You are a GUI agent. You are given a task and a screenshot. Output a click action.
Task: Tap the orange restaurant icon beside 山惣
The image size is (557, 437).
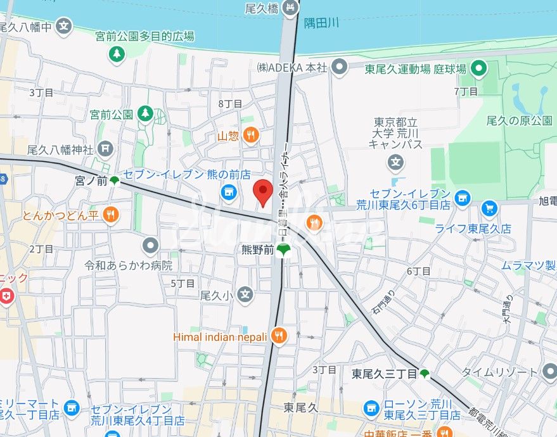(252, 134)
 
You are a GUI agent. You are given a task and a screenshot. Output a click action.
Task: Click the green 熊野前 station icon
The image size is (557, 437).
(283, 250)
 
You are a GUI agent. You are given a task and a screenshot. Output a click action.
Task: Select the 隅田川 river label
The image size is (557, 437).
(321, 23)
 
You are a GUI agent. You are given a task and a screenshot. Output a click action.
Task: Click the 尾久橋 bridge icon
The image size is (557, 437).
(290, 8)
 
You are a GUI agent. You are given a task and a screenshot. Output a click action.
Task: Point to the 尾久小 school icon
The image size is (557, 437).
(245, 294)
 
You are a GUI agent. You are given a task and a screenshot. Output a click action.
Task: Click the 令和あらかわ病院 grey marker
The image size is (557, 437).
(150, 244)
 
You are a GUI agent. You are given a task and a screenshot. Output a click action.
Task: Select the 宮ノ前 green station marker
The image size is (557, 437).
(114, 180)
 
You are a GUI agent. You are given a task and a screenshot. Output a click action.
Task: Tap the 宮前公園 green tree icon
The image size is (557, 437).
(146, 114)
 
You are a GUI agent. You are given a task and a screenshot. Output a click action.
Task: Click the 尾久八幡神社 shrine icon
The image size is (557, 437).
(106, 149)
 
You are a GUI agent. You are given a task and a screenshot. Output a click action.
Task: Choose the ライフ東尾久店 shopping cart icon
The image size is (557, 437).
(489, 207)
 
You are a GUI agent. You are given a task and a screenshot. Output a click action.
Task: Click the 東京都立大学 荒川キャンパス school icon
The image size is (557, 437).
(396, 163)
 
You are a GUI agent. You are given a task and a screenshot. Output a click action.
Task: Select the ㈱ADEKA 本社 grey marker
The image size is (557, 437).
(340, 66)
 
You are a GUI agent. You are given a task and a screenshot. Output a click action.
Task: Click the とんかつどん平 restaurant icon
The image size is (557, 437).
(111, 215)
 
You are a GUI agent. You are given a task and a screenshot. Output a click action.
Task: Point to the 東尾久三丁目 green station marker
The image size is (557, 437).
(425, 374)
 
